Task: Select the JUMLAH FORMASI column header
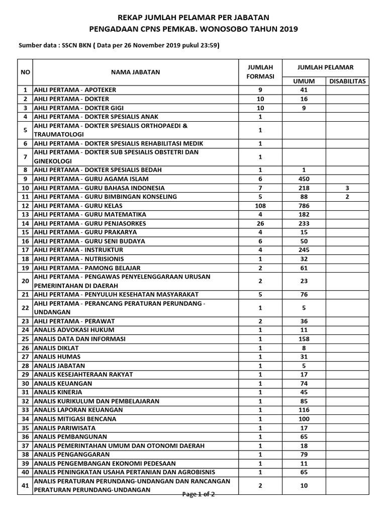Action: (260, 72)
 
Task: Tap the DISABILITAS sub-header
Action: (347, 81)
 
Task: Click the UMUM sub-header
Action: (304, 81)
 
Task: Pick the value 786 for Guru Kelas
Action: (304, 206)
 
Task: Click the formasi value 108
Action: (260, 206)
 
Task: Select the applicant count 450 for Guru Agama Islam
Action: (304, 179)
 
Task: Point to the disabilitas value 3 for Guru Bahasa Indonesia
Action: (347, 188)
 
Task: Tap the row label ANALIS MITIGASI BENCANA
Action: (75, 419)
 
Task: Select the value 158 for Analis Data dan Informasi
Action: (304, 338)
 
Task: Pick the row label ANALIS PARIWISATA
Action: (66, 427)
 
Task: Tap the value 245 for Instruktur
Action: (304, 250)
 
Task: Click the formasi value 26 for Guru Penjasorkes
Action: (260, 223)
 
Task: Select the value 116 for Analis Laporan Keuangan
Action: (304, 410)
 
